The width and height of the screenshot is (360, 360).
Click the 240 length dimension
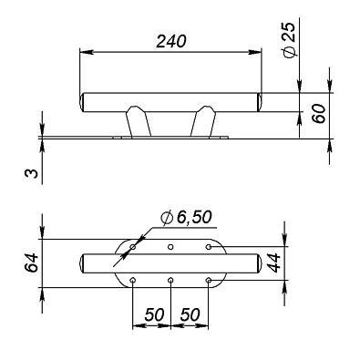point(170,41)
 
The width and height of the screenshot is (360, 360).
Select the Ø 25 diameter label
point(289,39)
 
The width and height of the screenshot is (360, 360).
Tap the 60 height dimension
point(319,114)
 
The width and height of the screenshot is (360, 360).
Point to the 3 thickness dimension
point(32,173)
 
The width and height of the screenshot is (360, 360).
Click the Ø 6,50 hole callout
point(186,218)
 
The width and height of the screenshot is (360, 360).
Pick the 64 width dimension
point(31,262)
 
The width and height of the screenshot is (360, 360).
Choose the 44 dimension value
point(273,262)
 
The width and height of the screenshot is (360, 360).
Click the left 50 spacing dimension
point(154,314)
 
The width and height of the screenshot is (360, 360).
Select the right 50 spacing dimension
point(190,314)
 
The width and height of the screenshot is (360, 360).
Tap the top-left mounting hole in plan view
point(133,247)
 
